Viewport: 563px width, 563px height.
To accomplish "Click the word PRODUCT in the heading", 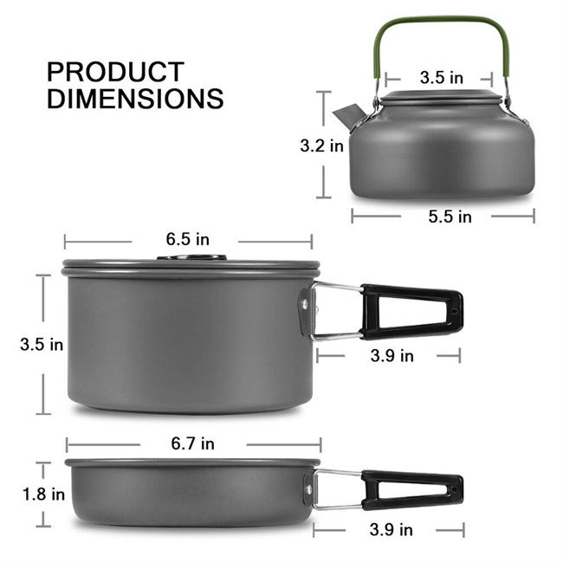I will coord(115,71).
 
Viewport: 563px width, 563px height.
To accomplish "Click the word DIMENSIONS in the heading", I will coord(135,98).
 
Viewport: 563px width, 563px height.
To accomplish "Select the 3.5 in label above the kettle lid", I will coord(442,77).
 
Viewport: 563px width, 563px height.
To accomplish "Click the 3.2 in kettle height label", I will coord(321,146).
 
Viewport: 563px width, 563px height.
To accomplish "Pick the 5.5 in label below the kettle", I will coord(450,217).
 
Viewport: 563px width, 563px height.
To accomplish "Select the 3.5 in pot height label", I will coord(42,344).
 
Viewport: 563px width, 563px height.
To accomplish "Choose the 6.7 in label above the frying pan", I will coord(193,444).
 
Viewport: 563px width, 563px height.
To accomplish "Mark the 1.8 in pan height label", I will coord(43,495).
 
